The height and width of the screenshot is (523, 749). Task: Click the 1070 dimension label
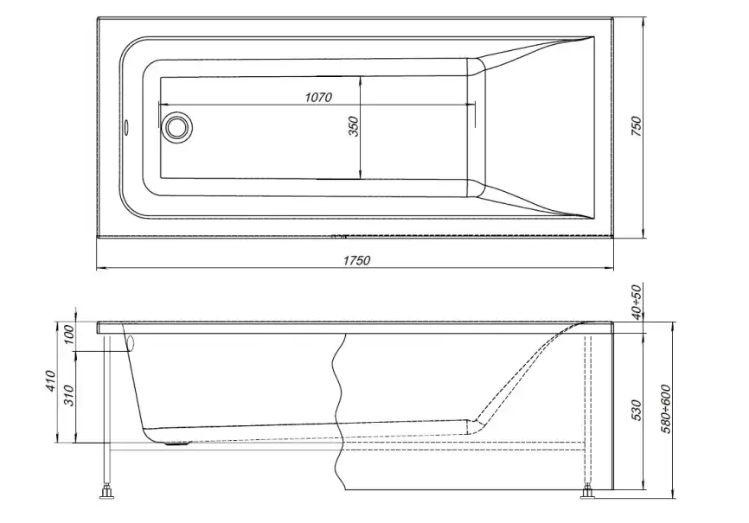point(317,97)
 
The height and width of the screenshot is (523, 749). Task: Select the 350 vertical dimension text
point(353,127)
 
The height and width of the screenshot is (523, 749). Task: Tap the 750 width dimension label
point(636,126)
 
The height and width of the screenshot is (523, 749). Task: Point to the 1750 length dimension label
point(355,260)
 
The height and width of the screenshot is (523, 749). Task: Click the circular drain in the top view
point(178,127)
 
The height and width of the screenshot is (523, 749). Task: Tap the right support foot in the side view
point(588,494)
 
